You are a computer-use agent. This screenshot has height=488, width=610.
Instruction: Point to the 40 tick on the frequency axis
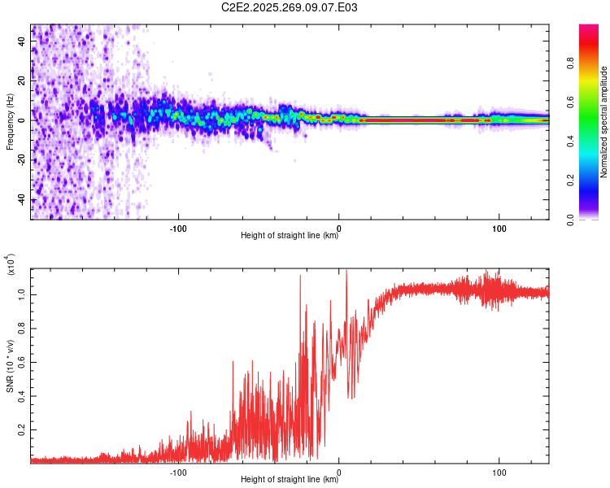(22, 42)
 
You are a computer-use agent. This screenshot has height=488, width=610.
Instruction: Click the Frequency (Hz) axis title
(11, 122)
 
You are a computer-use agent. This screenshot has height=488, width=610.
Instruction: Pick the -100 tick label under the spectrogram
(179, 227)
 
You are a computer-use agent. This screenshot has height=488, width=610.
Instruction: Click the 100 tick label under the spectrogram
(498, 227)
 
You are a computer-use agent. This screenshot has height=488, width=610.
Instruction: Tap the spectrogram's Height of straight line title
(290, 236)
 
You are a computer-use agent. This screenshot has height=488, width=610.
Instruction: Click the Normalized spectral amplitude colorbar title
(603, 122)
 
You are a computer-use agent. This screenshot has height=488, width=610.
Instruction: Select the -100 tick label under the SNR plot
(179, 471)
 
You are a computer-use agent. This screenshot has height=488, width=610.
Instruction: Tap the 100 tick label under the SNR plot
(498, 471)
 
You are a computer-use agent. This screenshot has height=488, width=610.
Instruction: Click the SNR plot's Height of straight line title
(290, 480)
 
